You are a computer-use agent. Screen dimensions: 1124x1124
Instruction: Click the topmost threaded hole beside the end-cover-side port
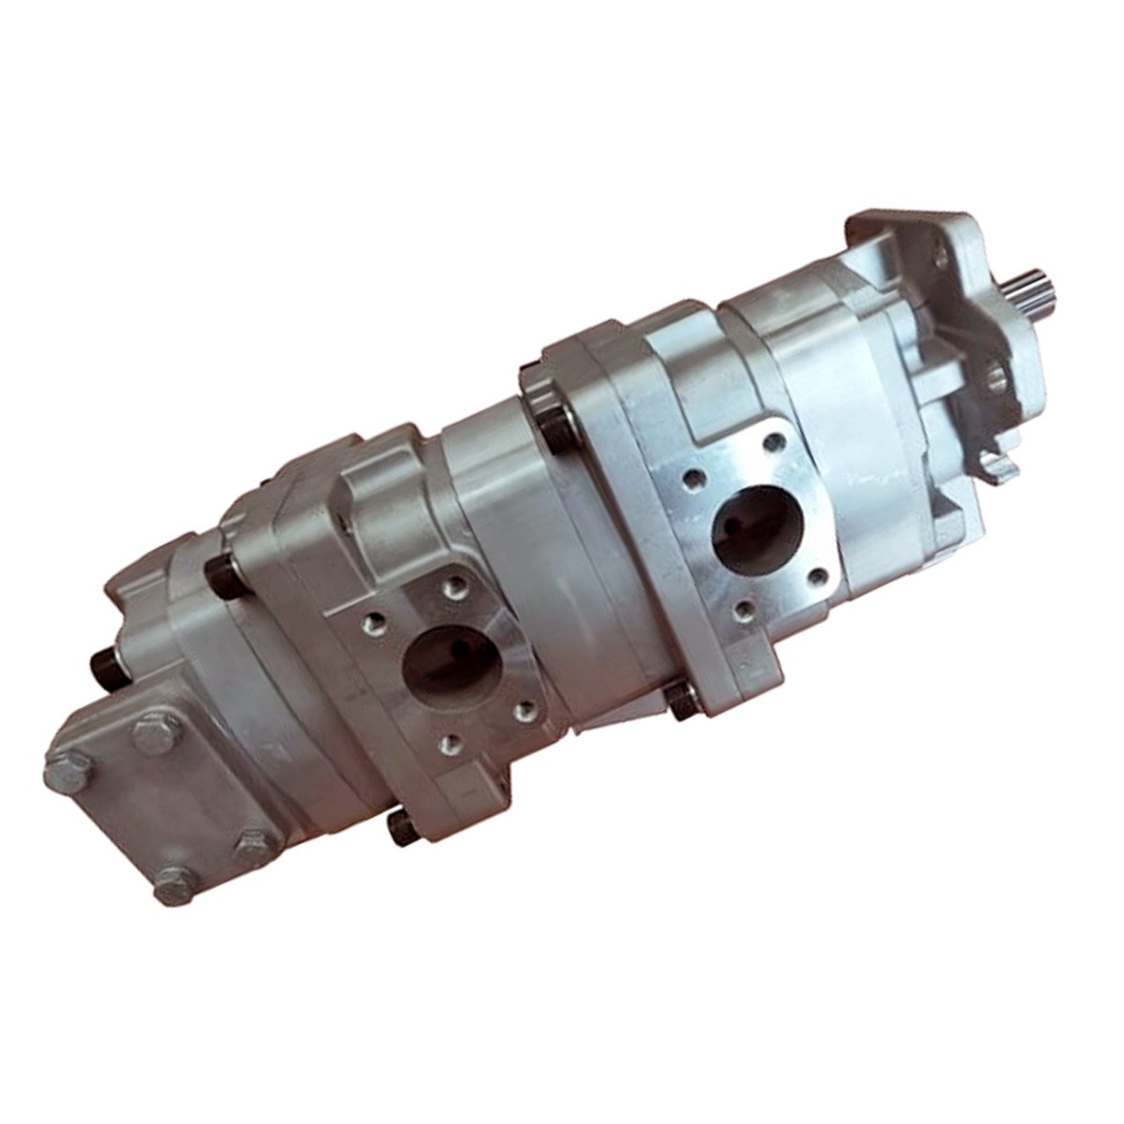(x=456, y=587)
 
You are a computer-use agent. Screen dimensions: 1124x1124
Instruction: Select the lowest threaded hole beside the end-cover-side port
(x=449, y=746)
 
